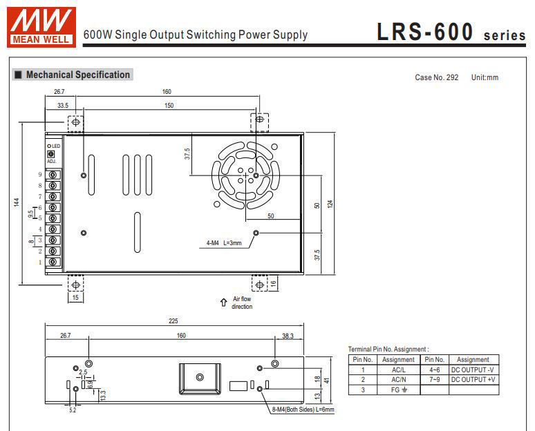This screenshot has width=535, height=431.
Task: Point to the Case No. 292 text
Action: [x=436, y=77]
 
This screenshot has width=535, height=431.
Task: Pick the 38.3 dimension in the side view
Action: [x=288, y=336]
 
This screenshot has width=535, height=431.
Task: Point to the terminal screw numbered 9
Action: [x=53, y=175]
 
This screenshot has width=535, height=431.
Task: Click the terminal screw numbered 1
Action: [x=53, y=262]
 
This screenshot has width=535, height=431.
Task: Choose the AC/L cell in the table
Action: [x=398, y=370]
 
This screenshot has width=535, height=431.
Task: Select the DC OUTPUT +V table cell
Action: [x=473, y=379]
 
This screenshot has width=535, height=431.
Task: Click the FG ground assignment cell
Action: [x=398, y=390]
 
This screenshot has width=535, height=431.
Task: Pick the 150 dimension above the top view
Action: [x=168, y=106]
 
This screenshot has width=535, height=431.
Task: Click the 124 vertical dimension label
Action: [x=330, y=203]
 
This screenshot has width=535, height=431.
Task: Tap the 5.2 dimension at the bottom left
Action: [x=73, y=410]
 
